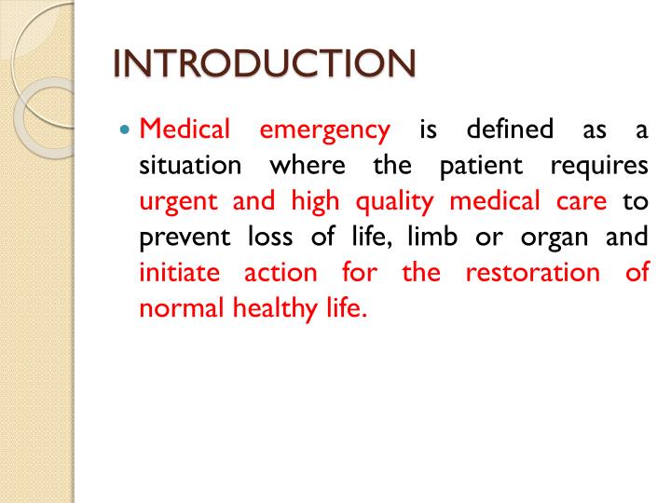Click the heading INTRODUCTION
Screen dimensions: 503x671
(x=264, y=64)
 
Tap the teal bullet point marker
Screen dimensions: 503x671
(x=128, y=129)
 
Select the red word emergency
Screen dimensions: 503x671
(x=324, y=129)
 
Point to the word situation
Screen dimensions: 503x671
(x=191, y=164)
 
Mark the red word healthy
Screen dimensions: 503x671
(x=263, y=308)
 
